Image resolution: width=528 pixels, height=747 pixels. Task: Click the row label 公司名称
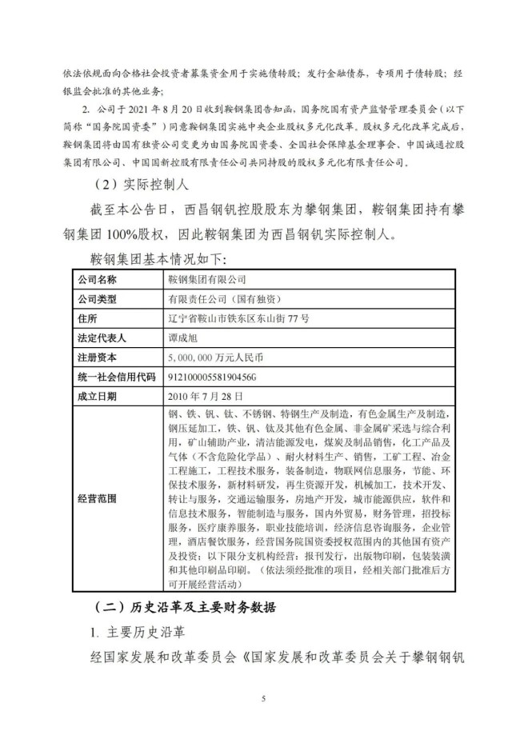point(97,280)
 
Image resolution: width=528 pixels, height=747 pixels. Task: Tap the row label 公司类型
point(97,299)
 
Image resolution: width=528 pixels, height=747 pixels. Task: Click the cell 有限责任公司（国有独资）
point(224,299)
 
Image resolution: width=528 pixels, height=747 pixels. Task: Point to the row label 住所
point(87,318)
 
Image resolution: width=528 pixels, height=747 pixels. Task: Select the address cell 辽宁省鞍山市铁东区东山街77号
point(238,318)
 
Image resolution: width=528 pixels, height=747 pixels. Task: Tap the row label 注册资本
point(97,357)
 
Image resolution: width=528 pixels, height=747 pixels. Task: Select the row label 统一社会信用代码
point(116,376)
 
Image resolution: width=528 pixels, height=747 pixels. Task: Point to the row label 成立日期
point(97,395)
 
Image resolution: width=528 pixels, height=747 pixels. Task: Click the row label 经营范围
point(97,497)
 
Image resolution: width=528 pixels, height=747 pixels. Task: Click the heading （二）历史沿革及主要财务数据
point(183,605)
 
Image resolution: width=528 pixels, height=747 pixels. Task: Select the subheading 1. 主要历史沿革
point(137,632)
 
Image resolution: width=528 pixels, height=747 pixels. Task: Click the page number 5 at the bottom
point(263,699)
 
